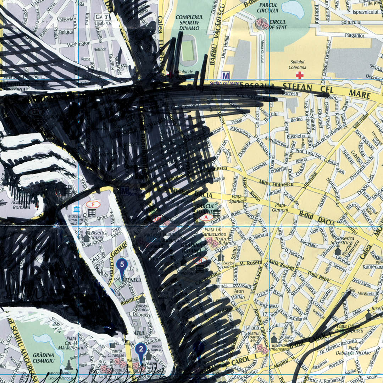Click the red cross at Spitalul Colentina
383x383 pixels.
(300, 75)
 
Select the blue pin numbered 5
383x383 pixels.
(122, 265)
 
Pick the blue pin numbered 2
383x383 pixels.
(141, 350)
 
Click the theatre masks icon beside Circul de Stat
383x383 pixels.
(262, 23)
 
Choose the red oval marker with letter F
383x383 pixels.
(93, 204)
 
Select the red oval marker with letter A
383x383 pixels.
(206, 216)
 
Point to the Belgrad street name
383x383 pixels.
(66, 32)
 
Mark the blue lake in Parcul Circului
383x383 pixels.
(293, 9)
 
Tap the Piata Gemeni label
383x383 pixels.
(280, 207)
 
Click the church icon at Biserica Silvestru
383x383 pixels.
(338, 250)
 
